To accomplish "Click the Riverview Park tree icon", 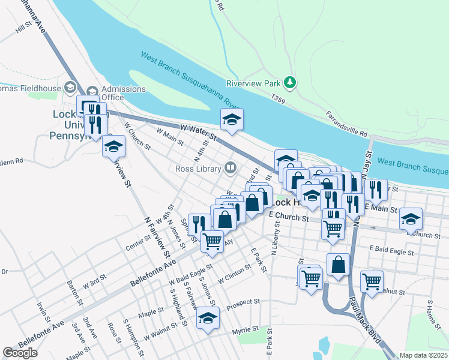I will coord(291,82).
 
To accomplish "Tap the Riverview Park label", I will coord(254,83).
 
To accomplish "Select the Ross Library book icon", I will coord(230,167).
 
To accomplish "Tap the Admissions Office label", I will coord(124,93).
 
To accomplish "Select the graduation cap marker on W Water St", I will coord(232,119).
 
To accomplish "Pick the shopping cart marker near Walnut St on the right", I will coord(372,281).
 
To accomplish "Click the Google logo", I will coord(20,353).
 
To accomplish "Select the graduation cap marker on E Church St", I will coord(411,219).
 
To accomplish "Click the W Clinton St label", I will coord(228,277).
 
